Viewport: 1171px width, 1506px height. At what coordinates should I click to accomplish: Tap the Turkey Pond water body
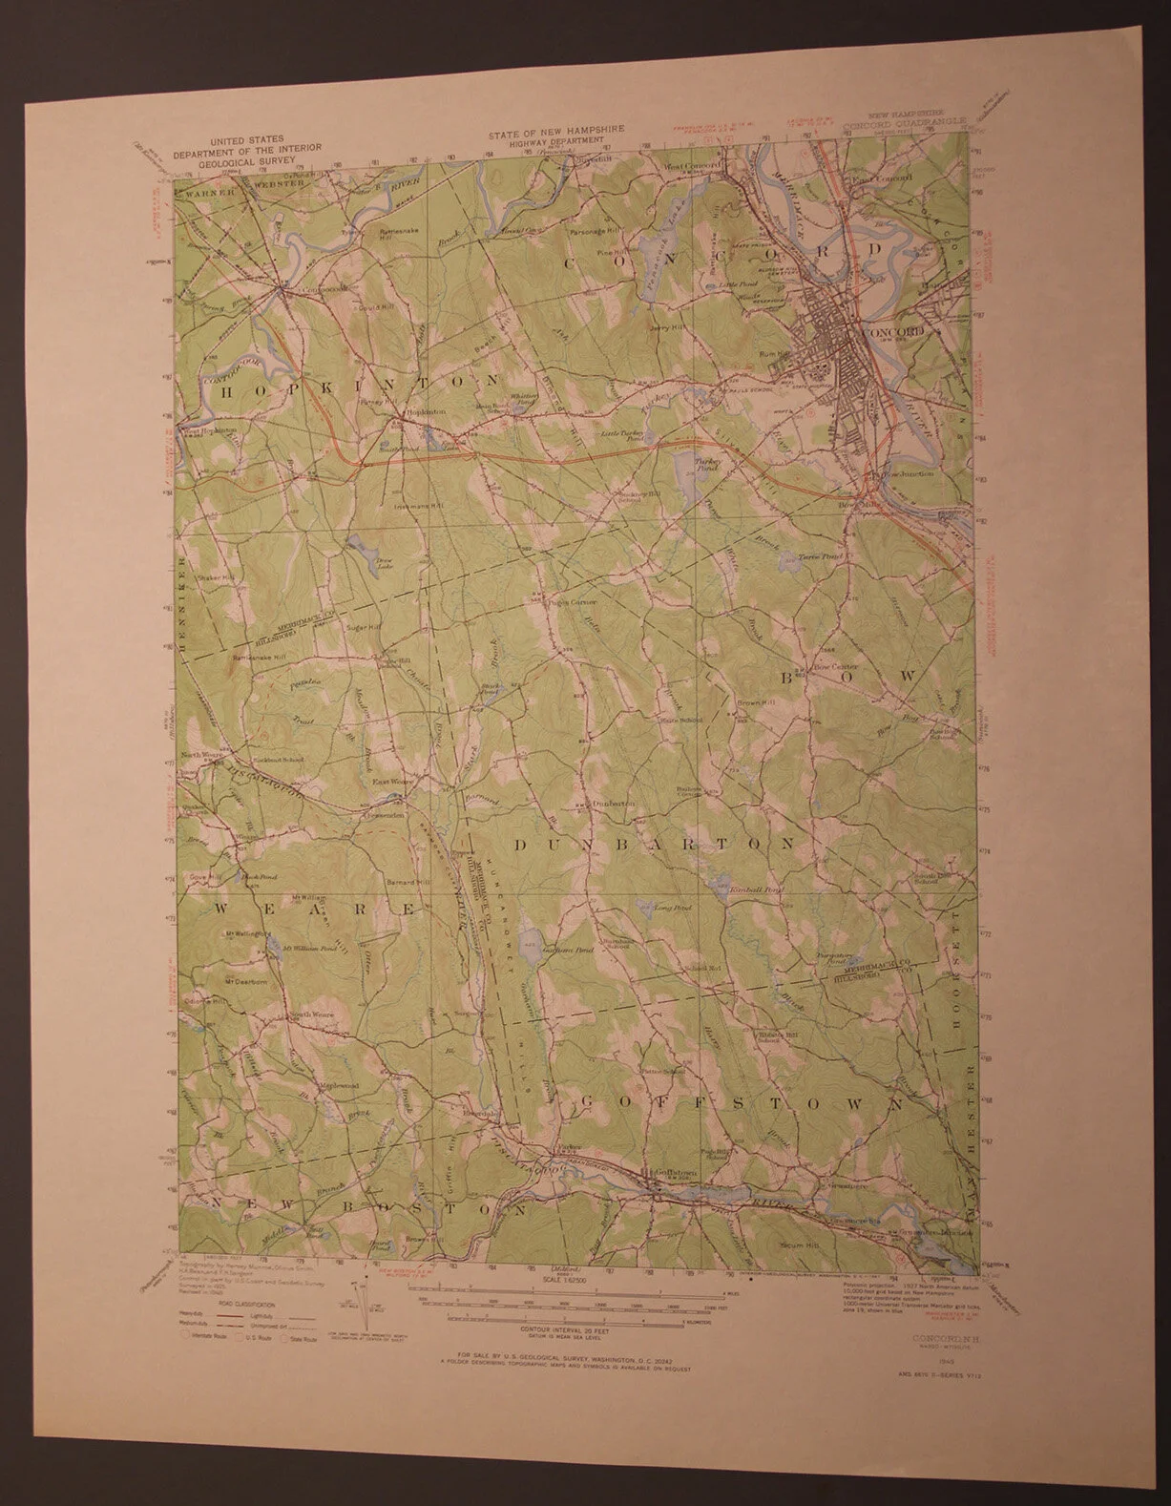[x=690, y=468]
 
